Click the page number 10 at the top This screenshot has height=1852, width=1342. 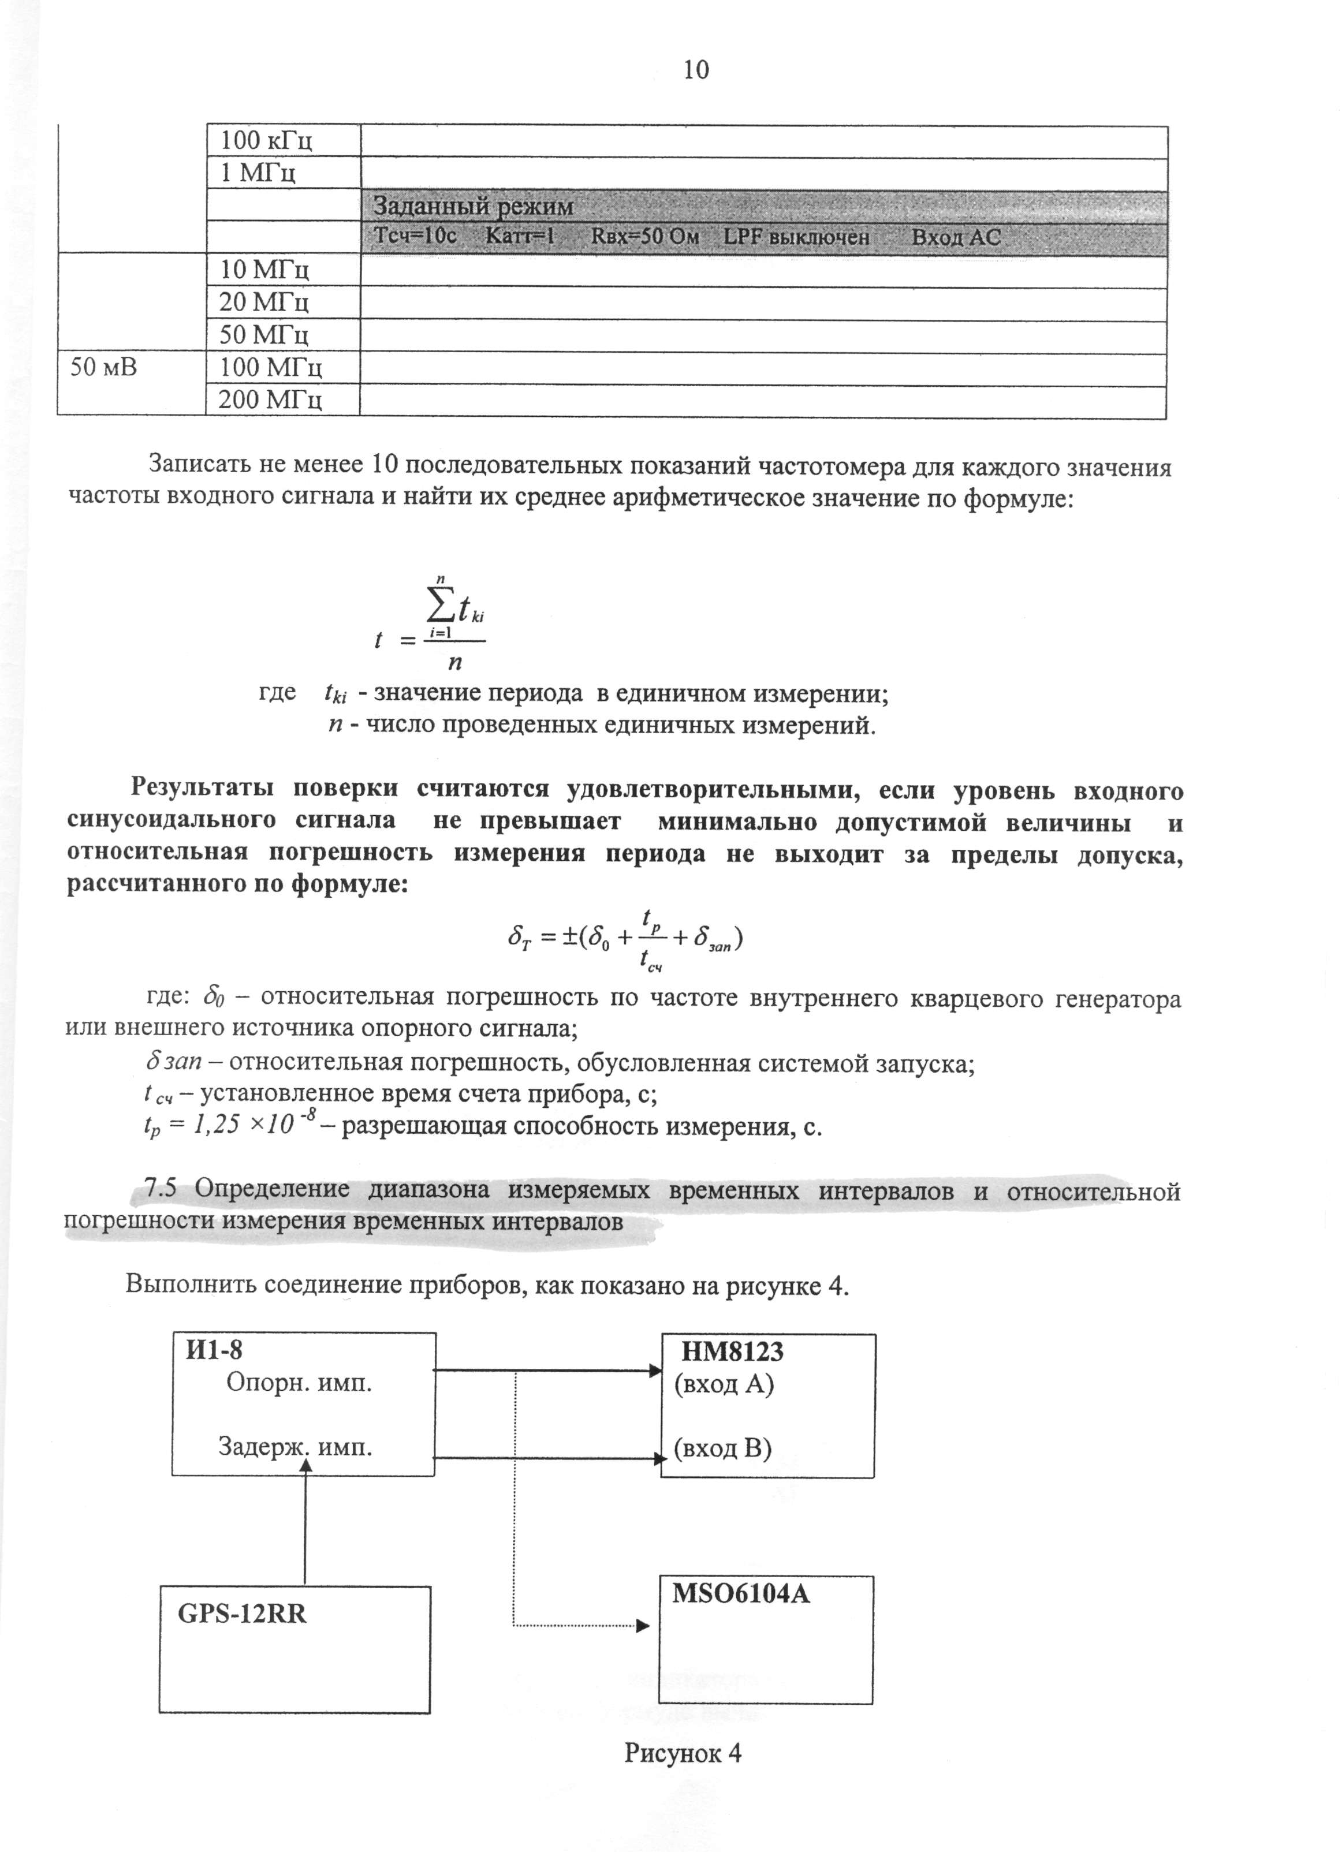pyautogui.click(x=695, y=71)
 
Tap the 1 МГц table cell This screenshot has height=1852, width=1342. pyautogui.click(x=258, y=173)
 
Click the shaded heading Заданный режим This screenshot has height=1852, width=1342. pyautogui.click(x=474, y=207)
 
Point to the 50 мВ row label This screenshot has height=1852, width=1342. pyautogui.click(x=104, y=368)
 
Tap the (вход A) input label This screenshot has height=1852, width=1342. pyautogui.click(x=724, y=1384)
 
